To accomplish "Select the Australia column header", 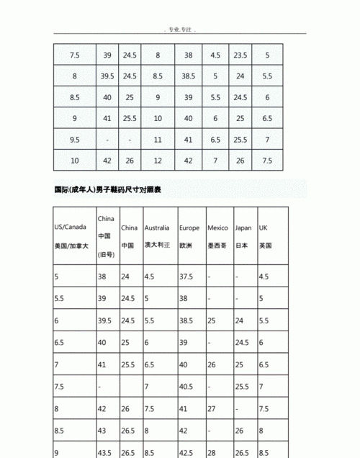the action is (158, 236).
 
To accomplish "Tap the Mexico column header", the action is (218, 236).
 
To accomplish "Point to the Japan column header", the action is (243, 236).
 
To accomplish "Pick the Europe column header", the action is (191, 236).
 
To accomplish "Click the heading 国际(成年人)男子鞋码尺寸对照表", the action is (108, 191).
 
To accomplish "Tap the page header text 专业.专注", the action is (179, 30).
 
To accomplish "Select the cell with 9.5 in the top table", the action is (74, 139).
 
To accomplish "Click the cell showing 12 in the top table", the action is (157, 160).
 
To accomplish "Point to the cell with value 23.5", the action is (240, 55).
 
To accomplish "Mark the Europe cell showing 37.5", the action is (188, 276).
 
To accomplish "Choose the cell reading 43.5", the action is (105, 453).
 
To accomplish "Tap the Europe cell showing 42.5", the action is (188, 453).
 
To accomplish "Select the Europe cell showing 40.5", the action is (188, 387).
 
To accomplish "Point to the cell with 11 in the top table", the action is (157, 139).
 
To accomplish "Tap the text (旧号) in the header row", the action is (107, 255).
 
